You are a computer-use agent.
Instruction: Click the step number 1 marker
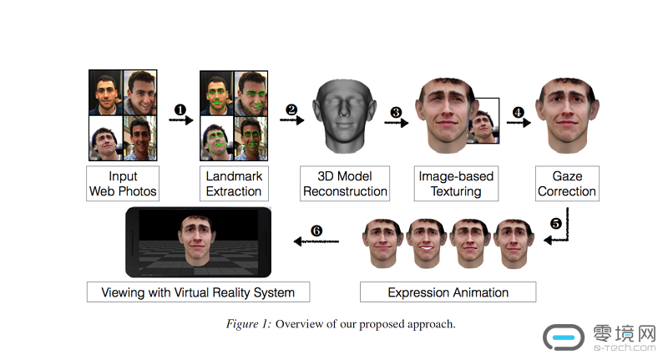click(179, 109)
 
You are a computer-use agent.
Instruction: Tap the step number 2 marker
click(291, 109)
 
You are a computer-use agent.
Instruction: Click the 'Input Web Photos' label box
click(124, 184)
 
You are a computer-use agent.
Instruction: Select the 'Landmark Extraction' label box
click(234, 184)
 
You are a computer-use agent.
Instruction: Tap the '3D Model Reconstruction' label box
click(345, 184)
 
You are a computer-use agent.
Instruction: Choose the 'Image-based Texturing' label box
click(456, 184)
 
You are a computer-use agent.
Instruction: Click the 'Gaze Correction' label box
click(567, 184)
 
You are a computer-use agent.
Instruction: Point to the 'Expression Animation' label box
click(448, 292)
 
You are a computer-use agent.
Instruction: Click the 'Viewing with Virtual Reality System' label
click(198, 292)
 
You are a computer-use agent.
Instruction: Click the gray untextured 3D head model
click(344, 117)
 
